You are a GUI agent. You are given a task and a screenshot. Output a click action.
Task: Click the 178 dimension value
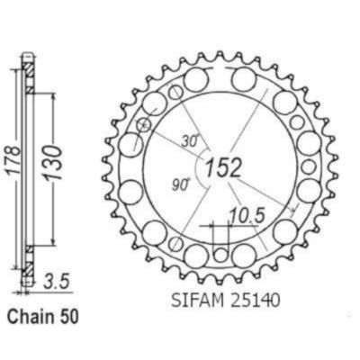click(x=13, y=161)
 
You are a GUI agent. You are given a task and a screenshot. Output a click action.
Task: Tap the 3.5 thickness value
click(x=57, y=282)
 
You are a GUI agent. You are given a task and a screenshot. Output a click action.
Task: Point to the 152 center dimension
click(x=223, y=167)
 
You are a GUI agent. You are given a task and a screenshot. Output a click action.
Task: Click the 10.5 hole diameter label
click(x=247, y=215)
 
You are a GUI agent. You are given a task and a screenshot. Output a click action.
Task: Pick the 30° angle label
click(x=191, y=140)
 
